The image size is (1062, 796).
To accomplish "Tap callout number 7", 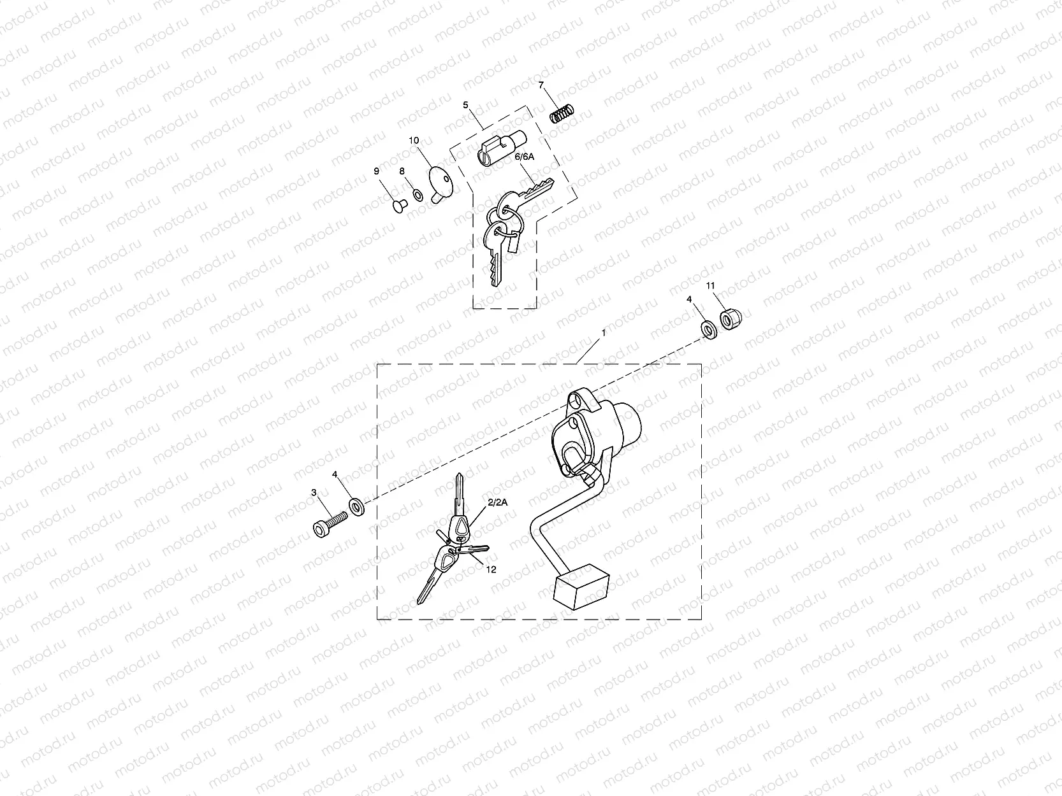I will point(541,85).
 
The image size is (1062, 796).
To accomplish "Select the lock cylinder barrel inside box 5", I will point(501,150).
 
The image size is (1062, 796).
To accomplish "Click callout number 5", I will point(465,104).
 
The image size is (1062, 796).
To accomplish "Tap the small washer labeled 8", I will point(418,194).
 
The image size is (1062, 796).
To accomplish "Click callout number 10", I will point(414,140).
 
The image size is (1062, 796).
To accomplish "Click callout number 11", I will point(711,287).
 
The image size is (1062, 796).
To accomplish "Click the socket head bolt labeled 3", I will point(330,524).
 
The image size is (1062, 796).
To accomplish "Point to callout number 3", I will point(314,492).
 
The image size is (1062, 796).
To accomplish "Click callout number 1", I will point(604,332).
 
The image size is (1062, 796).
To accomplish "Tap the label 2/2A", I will point(497,502).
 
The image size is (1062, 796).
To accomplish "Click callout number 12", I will point(491,569).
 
